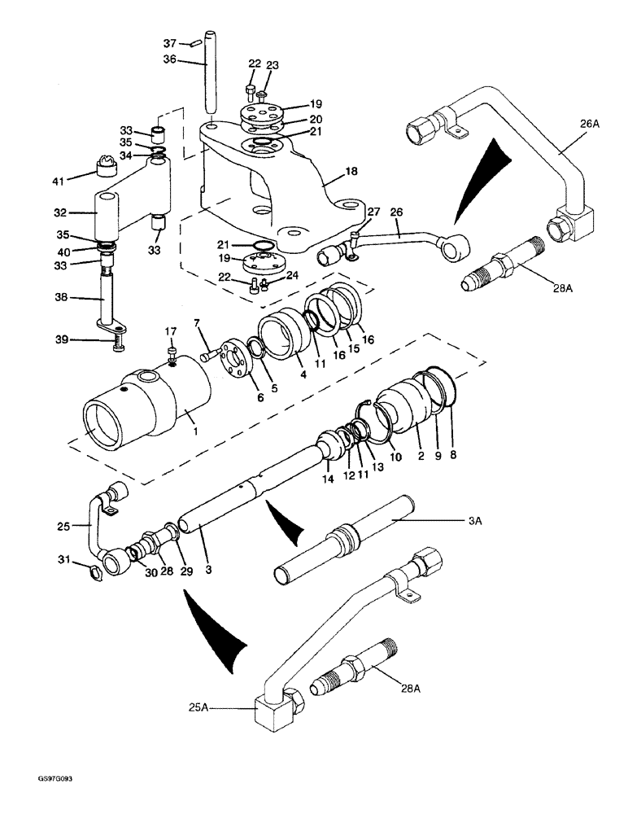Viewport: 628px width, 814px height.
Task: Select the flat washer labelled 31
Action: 93,575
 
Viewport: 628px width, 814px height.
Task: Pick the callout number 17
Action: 170,330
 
